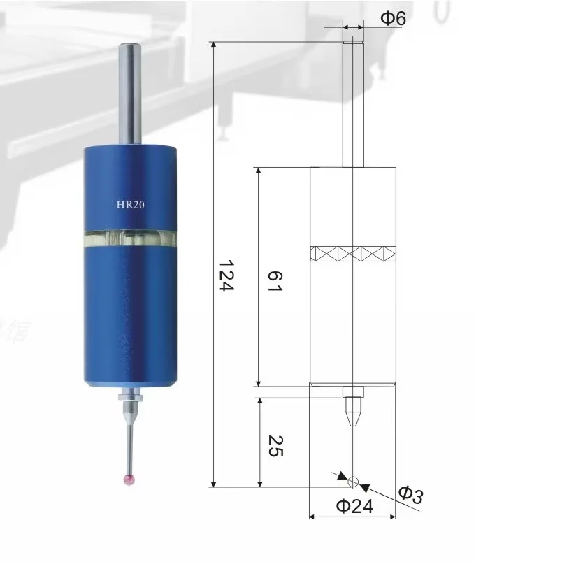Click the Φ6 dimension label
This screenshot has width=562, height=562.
[x=392, y=20]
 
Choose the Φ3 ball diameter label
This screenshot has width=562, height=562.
[x=411, y=496]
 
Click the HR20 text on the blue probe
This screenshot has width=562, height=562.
[x=131, y=205]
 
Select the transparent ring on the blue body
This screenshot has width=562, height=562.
[x=131, y=238]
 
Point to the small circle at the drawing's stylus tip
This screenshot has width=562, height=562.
[x=353, y=481]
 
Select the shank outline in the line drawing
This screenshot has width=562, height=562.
[x=353, y=105]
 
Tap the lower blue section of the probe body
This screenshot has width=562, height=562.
[x=131, y=315]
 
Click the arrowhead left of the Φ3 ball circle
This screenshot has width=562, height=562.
[x=341, y=476]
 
